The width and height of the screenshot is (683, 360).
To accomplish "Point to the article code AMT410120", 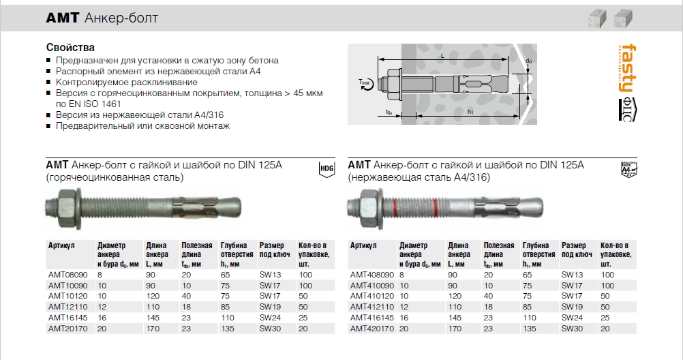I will point(371,297).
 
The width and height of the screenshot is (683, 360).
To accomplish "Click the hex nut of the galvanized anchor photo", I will point(67,205).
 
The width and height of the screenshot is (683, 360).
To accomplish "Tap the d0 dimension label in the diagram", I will point(529,62).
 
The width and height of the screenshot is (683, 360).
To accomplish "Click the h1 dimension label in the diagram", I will point(470,112).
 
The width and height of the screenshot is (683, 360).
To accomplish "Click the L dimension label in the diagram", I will point(443,52).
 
